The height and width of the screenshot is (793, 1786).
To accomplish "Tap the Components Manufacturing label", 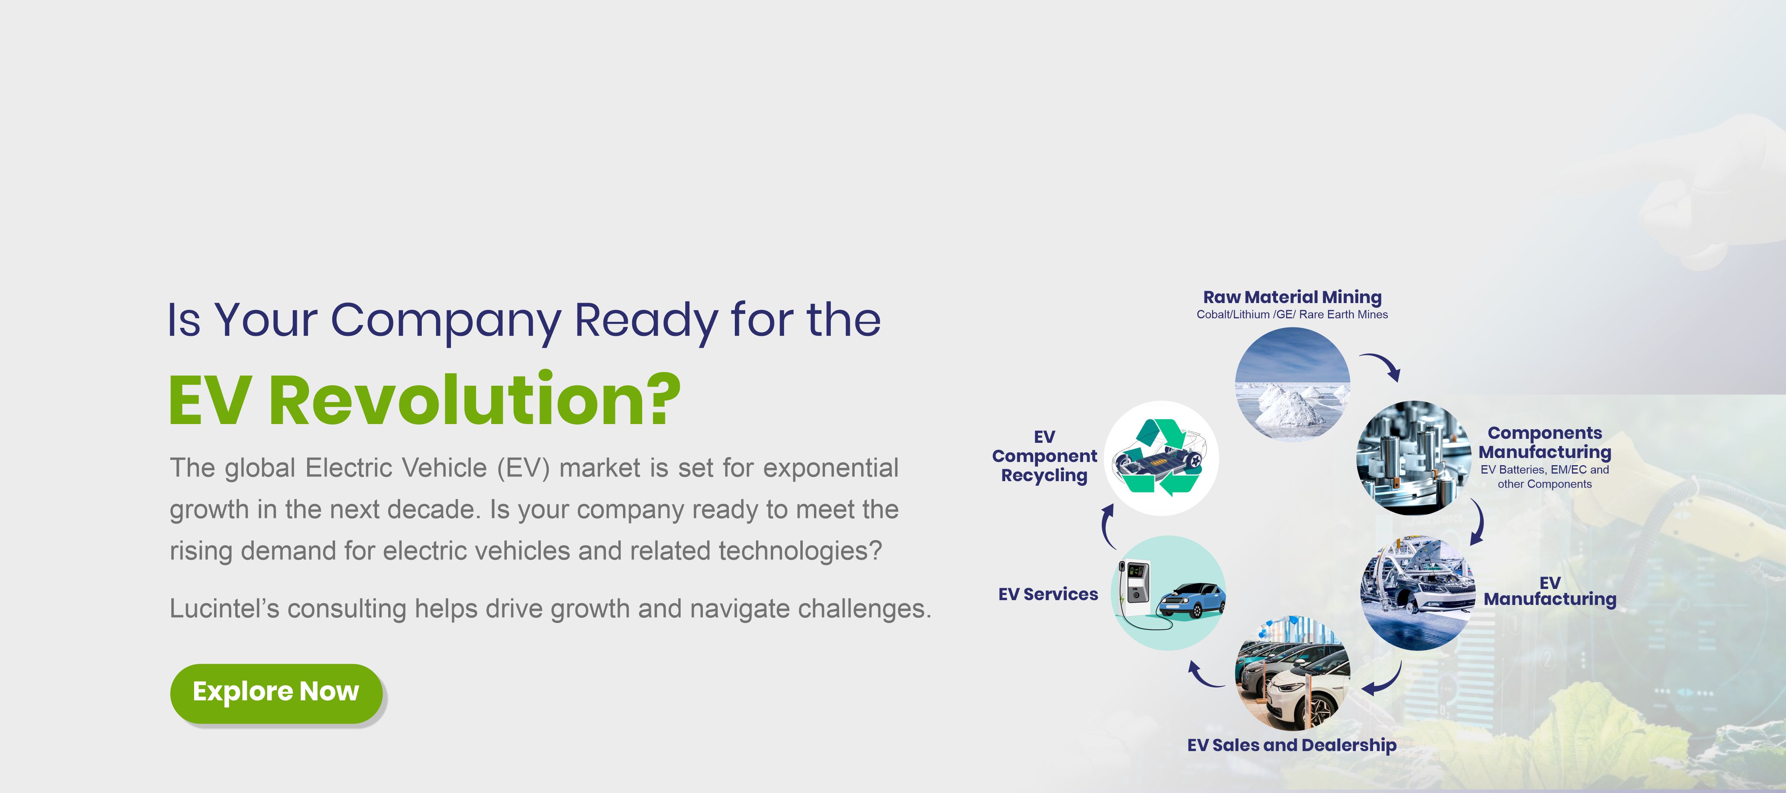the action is (1545, 442).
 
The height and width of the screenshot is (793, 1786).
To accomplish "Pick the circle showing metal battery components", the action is (1414, 458).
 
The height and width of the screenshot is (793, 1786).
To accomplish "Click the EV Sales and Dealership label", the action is (1292, 745).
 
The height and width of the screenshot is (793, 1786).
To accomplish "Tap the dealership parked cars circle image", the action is (1292, 672).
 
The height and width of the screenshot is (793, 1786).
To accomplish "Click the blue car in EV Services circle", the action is (1191, 600).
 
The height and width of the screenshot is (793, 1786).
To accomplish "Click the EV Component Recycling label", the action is (1044, 456).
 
